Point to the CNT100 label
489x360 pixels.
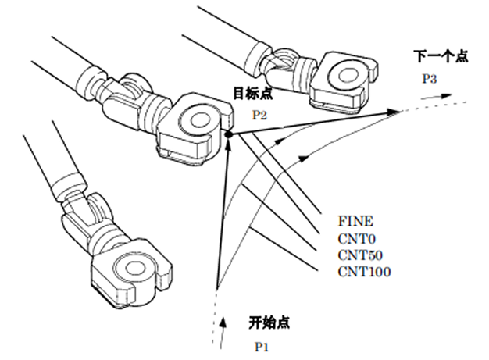pyautogui.click(x=364, y=271)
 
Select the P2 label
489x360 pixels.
pyautogui.click(x=259, y=116)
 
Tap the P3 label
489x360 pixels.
pyautogui.click(x=430, y=78)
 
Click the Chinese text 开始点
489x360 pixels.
pyautogui.click(x=264, y=321)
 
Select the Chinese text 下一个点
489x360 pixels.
pyautogui.click(x=441, y=56)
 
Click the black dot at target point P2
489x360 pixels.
pyautogui.click(x=229, y=135)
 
